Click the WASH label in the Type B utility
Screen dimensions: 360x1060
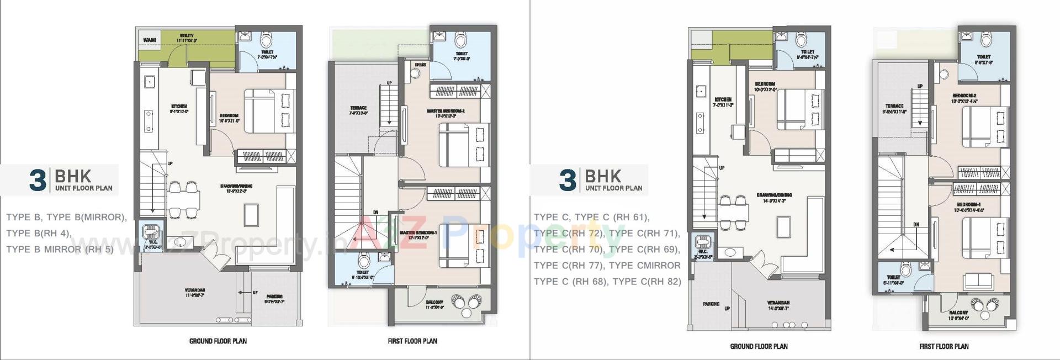(150, 40)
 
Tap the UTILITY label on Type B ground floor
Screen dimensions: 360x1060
(187, 35)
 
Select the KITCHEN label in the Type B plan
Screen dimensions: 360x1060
(178, 106)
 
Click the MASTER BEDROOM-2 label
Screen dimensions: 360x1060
(446, 111)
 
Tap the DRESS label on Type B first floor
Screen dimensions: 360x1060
(420, 65)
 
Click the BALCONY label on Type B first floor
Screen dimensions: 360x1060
(434, 302)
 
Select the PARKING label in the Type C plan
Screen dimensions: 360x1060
(711, 304)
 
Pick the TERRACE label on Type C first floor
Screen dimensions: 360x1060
(894, 106)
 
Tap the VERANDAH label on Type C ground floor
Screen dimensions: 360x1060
(778, 303)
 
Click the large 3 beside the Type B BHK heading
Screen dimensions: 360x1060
(38, 181)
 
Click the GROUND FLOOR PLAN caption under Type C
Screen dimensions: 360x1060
(759, 346)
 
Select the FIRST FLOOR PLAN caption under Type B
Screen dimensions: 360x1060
(412, 341)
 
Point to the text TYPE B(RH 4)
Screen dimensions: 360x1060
(39, 233)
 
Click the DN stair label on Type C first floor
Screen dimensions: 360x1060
(916, 225)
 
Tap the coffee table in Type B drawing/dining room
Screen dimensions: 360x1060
(252, 213)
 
